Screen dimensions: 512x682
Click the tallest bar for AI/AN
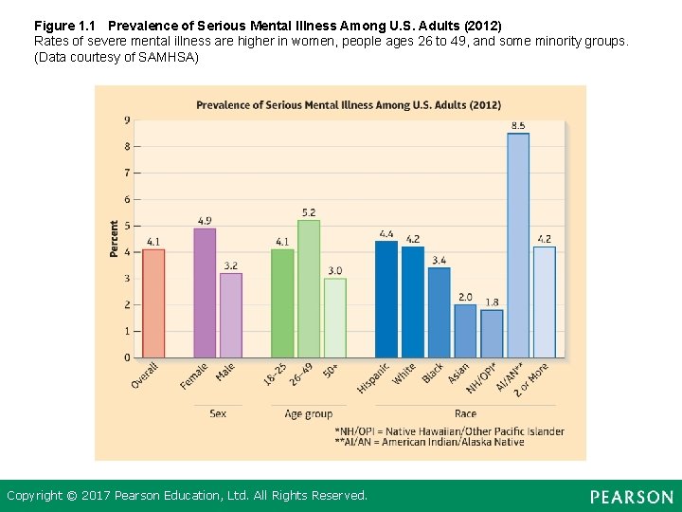tap(518, 246)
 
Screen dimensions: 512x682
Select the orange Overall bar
tap(153, 303)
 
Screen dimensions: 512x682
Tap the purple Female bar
tap(205, 293)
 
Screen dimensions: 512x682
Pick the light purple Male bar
tap(231, 315)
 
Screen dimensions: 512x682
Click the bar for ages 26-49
tap(309, 288)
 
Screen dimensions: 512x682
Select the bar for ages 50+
tap(335, 318)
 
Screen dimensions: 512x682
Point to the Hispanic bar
tap(386, 299)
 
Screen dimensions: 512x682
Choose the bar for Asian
tap(465, 331)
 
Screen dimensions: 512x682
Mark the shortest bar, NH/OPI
tap(492, 334)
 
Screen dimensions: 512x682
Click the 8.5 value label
tap(518, 125)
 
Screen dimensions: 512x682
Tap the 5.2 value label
tap(309, 212)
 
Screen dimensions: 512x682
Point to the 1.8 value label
tap(492, 302)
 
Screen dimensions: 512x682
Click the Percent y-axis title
tap(115, 239)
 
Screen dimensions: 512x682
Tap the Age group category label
tap(309, 413)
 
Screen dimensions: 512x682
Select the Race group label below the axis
tap(465, 413)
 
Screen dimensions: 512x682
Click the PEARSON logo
tap(631, 497)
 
